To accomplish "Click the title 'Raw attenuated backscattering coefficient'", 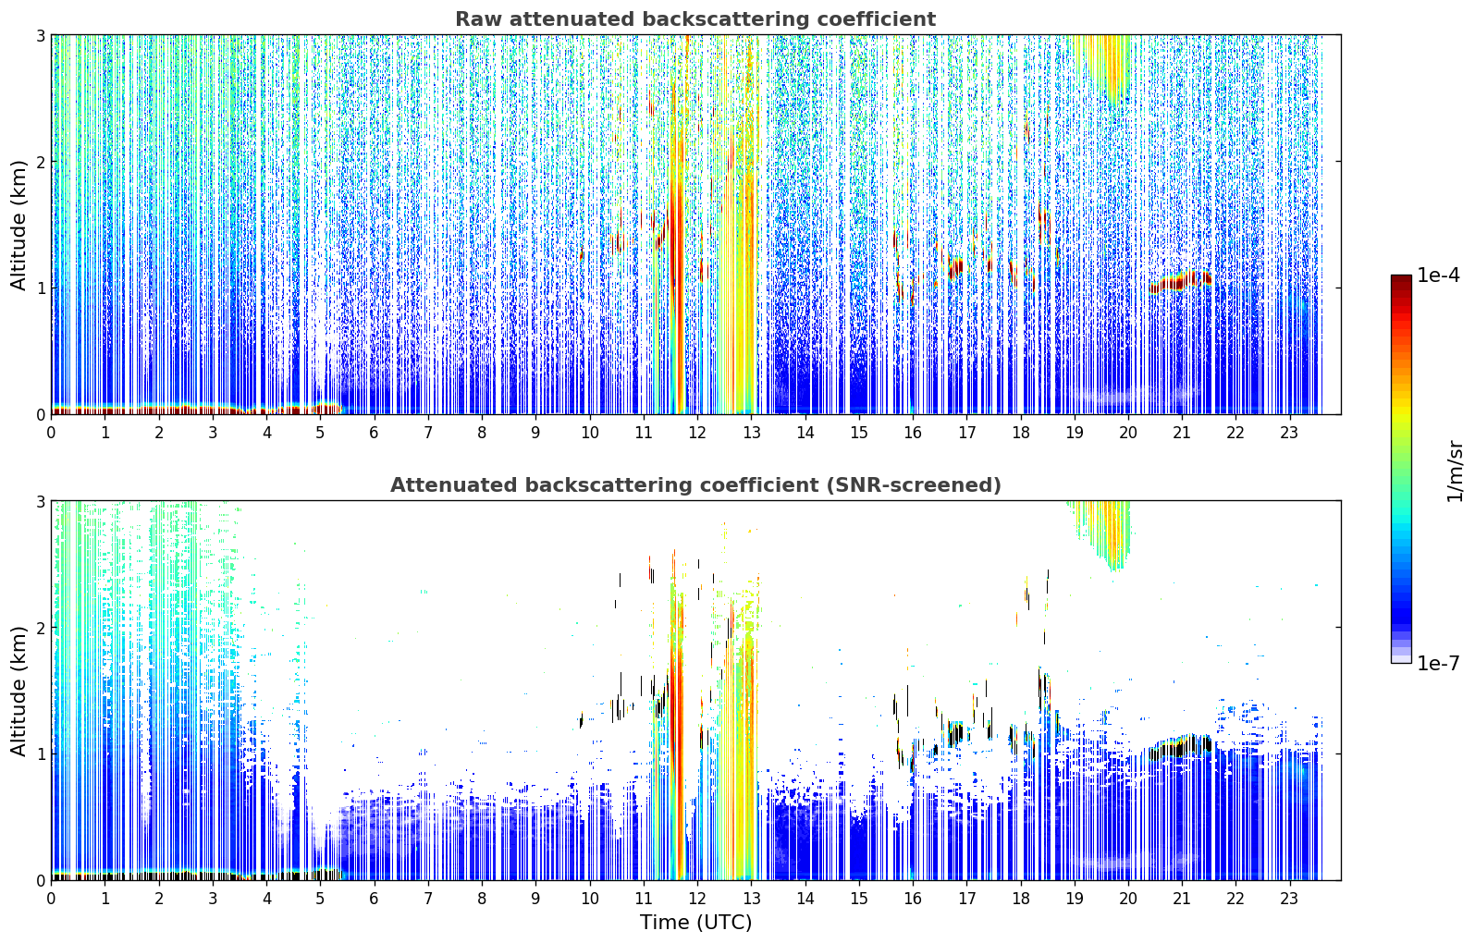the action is tap(695, 19).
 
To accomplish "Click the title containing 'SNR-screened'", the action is tap(695, 484).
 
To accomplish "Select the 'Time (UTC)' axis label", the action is tap(695, 922).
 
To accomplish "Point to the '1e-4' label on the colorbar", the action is tap(1438, 276).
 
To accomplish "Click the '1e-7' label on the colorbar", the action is tap(1438, 663).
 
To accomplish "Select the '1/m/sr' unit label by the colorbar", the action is tap(1455, 471).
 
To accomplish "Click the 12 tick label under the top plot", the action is tap(697, 433).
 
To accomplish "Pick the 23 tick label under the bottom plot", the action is tap(1289, 899).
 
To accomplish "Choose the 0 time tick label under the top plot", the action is tap(52, 433).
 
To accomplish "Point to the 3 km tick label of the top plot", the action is tap(40, 35).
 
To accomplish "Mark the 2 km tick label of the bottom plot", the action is tap(40, 628).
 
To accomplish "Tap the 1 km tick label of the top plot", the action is tap(40, 288).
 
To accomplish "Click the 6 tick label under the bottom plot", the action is tap(374, 899).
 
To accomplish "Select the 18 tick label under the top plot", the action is tap(1021, 433).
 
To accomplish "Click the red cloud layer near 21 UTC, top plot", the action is tap(1180, 282).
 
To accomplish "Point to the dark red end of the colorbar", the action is tap(1401, 279).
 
